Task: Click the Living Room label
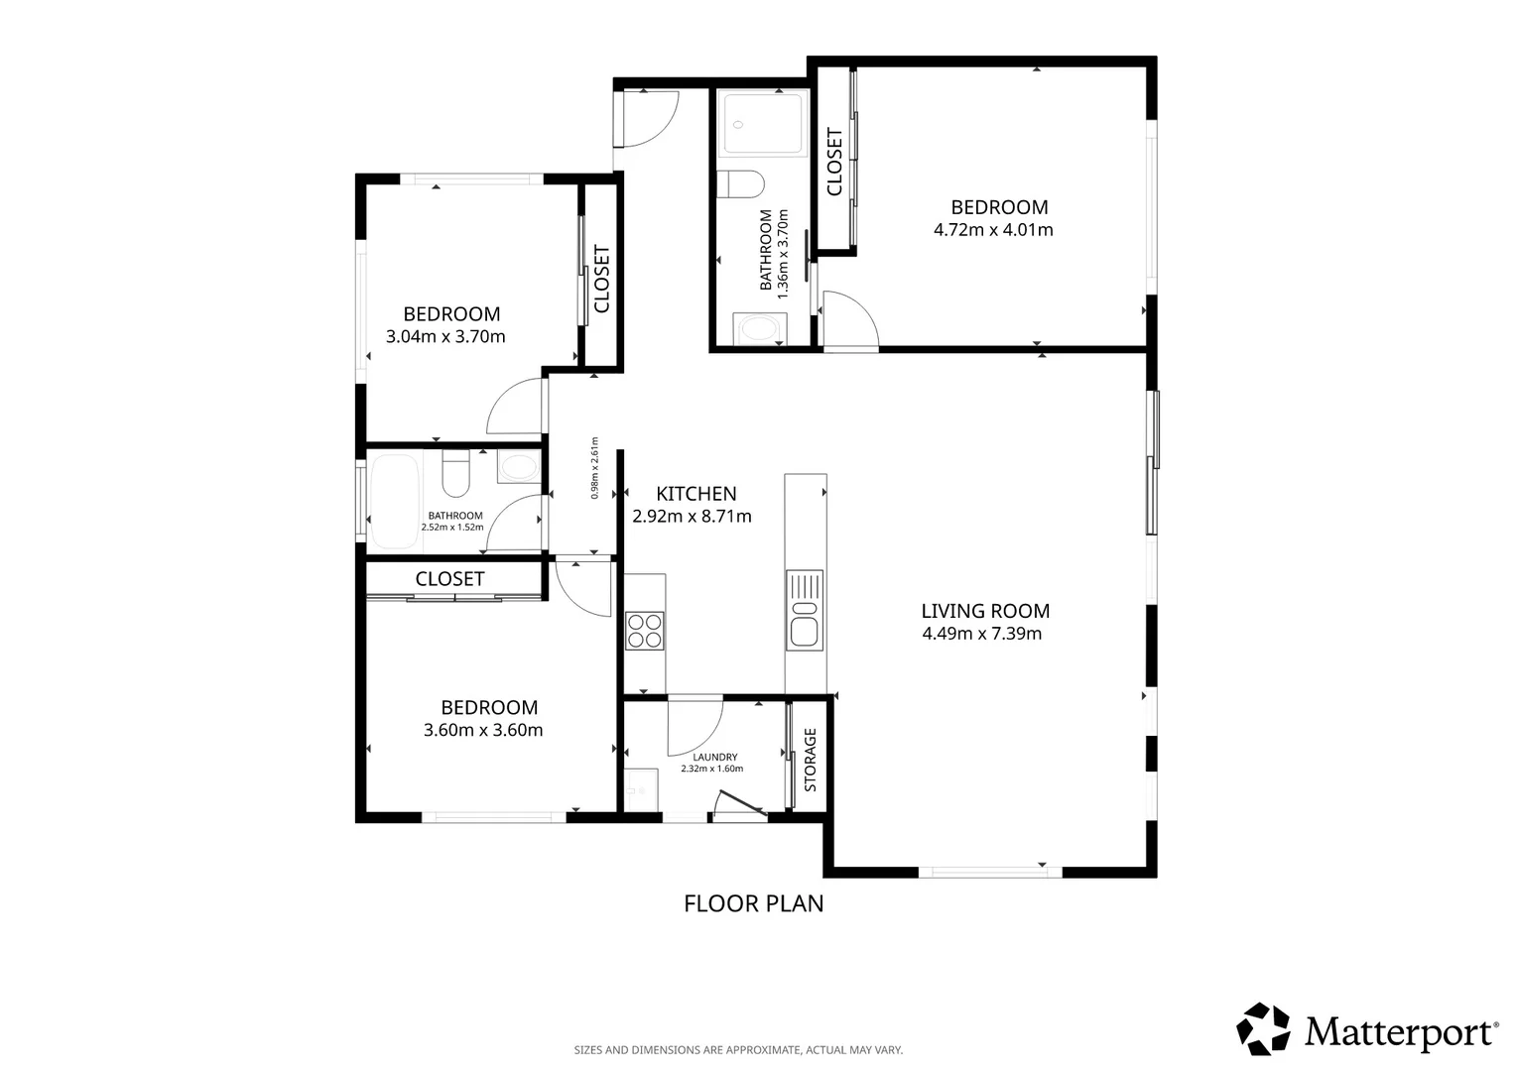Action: [x=985, y=611]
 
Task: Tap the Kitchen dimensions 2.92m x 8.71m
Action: [x=692, y=517]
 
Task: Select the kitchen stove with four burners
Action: [x=644, y=631]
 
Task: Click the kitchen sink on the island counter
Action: [x=805, y=610]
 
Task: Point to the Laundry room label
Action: [x=714, y=757]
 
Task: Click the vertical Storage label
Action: [x=811, y=760]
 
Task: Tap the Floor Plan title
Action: [x=753, y=903]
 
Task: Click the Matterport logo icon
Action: [x=1263, y=1029]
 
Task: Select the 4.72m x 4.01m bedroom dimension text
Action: [x=993, y=230]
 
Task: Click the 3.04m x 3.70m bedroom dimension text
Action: [x=445, y=337]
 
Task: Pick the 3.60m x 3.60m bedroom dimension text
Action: [x=483, y=730]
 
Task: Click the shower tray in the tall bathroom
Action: [x=762, y=125]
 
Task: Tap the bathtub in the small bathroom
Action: [x=395, y=501]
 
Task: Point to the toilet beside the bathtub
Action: [x=455, y=473]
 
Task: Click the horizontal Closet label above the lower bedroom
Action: [x=449, y=579]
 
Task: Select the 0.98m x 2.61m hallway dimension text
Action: [x=595, y=467]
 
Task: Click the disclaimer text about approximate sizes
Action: [x=738, y=1050]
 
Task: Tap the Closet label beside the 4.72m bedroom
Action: [x=834, y=162]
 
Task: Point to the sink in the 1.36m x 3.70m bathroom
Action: [x=760, y=329]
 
